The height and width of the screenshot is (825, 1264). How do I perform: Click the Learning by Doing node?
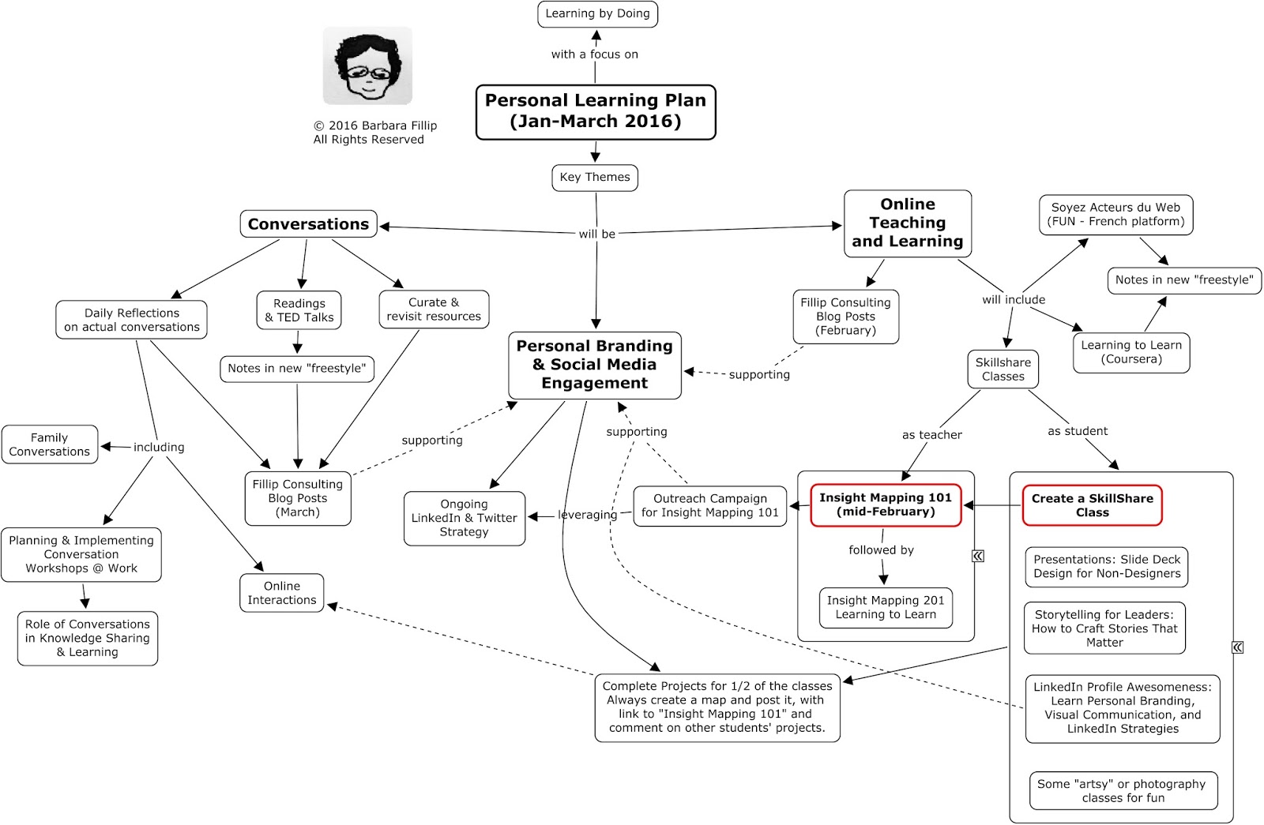point(597,14)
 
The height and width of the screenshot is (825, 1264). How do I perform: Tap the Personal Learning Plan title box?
point(596,111)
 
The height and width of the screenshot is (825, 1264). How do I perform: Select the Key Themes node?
point(594,178)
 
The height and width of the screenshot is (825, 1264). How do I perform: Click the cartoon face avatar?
point(367,66)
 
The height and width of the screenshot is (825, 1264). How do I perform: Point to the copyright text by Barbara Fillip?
point(374,133)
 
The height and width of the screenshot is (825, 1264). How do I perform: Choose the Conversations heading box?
point(308,224)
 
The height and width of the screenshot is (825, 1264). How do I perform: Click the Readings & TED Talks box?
point(299,310)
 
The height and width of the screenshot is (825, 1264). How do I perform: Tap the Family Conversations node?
point(50,444)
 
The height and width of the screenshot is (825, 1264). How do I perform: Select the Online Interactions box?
point(282,593)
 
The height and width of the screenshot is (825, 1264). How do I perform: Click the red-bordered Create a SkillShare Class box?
point(1092,505)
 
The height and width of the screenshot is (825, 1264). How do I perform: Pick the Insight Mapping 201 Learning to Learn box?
point(886,607)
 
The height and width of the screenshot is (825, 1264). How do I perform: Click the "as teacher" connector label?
point(931,435)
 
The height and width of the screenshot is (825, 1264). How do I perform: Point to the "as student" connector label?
point(1077,431)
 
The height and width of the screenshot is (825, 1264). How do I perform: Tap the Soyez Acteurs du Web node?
point(1115,215)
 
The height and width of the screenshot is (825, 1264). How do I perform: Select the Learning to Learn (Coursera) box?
point(1131,352)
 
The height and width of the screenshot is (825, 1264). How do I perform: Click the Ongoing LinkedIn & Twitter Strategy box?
point(465,518)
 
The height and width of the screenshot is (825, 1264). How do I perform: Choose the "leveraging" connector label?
point(587,515)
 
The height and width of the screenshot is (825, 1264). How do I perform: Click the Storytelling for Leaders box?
point(1104,628)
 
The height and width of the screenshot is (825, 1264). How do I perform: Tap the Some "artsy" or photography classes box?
point(1123,790)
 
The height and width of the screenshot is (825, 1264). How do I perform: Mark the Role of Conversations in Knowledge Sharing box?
point(88,638)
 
